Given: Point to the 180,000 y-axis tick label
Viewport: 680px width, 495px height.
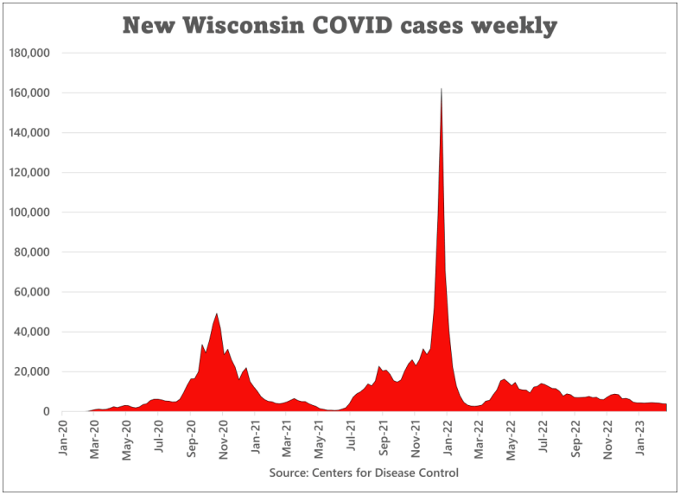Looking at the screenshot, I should [x=29, y=53].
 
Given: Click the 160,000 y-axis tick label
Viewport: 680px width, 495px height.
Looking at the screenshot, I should [x=29, y=92].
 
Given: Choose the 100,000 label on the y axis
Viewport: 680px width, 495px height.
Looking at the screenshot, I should [x=29, y=213].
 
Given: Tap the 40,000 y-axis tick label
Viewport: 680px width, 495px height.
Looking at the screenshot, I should [x=33, y=332].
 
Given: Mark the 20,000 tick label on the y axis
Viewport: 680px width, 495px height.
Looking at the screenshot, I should [x=33, y=371].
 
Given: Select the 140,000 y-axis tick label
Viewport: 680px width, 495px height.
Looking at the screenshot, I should [x=29, y=132].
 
